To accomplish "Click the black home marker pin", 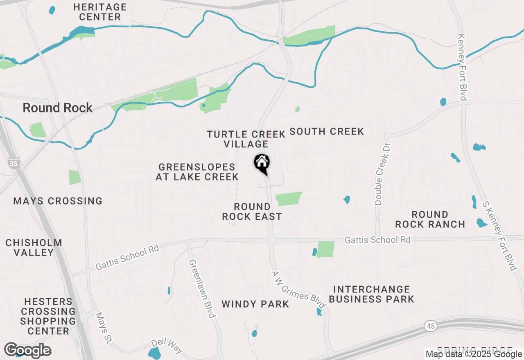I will point(262,163).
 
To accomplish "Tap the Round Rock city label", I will point(58,108).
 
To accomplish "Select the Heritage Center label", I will point(100,12).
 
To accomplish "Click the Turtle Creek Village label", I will point(246,139).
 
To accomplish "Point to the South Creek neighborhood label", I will point(327,132).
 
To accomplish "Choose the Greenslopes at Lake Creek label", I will point(197,172).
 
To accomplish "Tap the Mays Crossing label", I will point(58,201).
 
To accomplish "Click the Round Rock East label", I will point(252,211).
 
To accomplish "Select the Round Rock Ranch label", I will point(430,219).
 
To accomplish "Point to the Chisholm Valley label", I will point(34,248).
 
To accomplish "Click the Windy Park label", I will point(255,304).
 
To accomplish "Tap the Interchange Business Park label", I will point(371,295).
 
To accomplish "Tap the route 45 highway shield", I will point(430,326).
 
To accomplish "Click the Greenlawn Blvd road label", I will point(202,288).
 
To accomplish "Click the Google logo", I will point(27,351).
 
